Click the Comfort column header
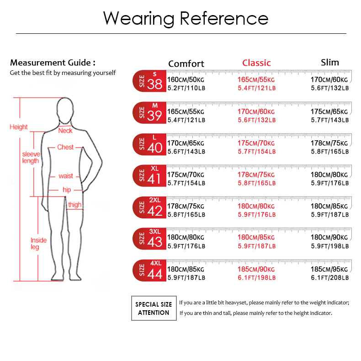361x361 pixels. tap(186, 64)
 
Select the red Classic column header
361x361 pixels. tap(256, 63)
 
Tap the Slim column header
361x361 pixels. tap(329, 63)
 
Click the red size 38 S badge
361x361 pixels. tap(149, 81)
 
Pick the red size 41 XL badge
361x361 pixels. tap(149, 175)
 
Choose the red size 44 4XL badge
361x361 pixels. tap(149, 271)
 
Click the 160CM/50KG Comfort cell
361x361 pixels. tap(186, 80)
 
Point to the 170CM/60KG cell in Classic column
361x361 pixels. tap(256, 111)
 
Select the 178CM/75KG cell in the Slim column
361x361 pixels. tap(329, 143)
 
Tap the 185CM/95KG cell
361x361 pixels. tap(329, 269)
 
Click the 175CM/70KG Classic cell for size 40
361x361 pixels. tap(256, 143)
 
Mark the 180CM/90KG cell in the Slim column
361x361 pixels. tap(329, 237)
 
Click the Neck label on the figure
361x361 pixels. tap(65, 131)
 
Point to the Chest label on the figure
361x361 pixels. tap(65, 147)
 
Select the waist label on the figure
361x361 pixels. tap(66, 176)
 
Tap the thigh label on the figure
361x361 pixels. tap(74, 205)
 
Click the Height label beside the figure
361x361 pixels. tap(18, 127)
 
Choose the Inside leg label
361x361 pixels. tap(38, 244)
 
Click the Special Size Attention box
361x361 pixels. tap(154, 308)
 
